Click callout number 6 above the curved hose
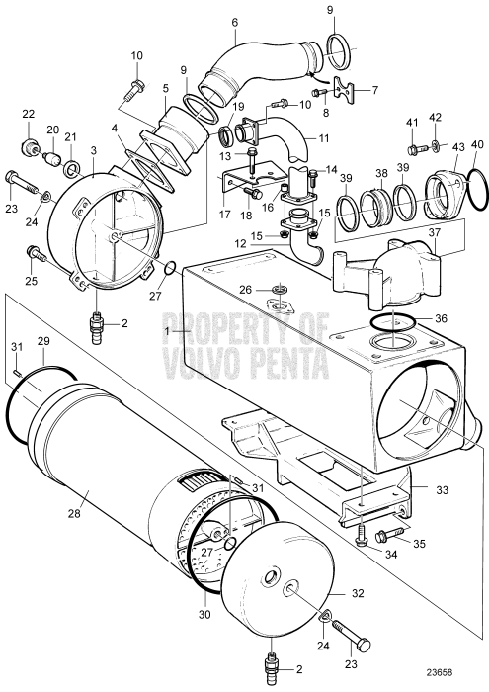pyautogui.click(x=234, y=22)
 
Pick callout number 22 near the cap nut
pyautogui.click(x=29, y=114)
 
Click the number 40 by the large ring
pyautogui.click(x=477, y=145)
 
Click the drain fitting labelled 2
pyautogui.click(x=98, y=324)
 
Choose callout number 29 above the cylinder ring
pyautogui.click(x=42, y=341)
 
